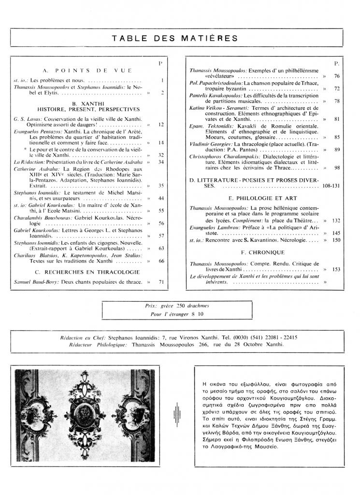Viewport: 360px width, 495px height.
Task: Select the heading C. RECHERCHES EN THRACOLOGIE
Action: pyautogui.click(x=88, y=272)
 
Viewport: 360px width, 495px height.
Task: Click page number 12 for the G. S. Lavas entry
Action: pyautogui.click(x=161, y=125)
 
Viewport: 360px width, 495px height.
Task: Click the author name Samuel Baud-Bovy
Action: pyautogui.click(x=36, y=281)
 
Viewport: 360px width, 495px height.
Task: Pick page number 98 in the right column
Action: pyautogui.click(x=337, y=168)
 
